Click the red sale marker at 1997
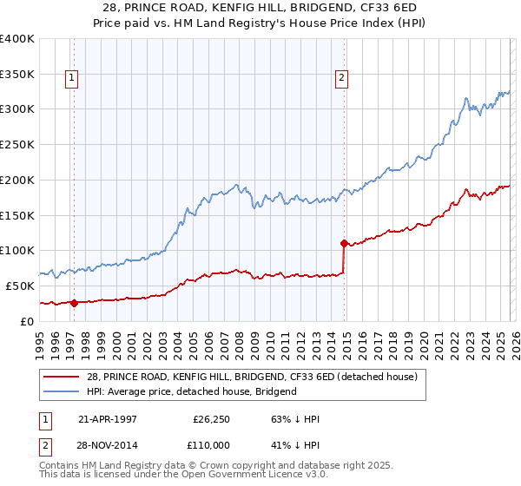(74, 303)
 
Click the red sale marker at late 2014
(345, 243)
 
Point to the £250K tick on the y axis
(17, 144)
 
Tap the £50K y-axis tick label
(20, 286)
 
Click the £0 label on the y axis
(28, 321)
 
